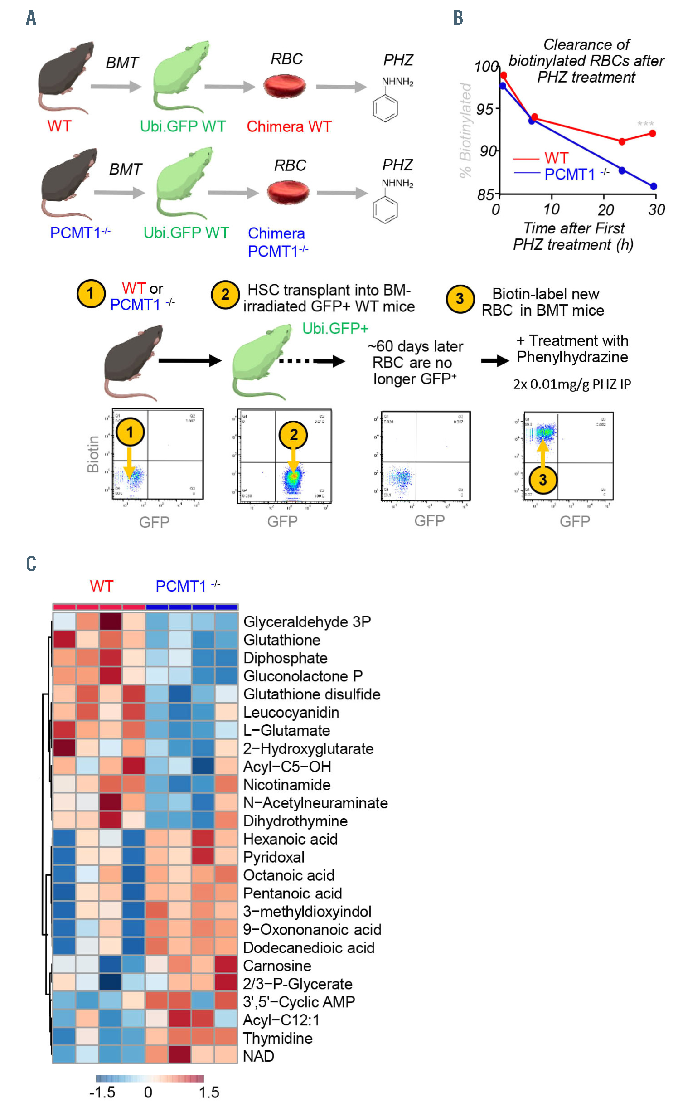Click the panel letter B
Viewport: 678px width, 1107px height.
[x=458, y=18]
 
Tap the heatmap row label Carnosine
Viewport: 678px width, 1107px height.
[x=277, y=966]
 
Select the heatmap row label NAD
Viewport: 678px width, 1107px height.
[x=258, y=1056]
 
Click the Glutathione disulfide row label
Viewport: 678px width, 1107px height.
[x=311, y=694]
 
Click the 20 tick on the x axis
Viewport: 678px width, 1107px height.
[x=605, y=209]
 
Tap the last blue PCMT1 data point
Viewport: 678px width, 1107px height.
[x=653, y=186]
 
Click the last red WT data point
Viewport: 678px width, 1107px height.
[x=652, y=133]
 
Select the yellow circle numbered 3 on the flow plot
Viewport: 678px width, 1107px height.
[x=542, y=480]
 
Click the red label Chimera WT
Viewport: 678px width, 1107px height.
[x=289, y=126]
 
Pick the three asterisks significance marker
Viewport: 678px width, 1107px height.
[x=645, y=124]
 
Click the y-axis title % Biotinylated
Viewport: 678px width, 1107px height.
[x=465, y=130]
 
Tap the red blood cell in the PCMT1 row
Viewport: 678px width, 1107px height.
[x=288, y=192]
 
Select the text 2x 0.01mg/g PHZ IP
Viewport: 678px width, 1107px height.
[x=571, y=384]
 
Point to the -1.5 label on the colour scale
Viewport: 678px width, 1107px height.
[x=102, y=1092]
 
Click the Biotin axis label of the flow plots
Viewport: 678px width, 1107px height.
[x=93, y=454]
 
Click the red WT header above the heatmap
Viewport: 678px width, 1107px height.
[x=101, y=586]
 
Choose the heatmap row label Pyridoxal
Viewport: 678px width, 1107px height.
[x=273, y=857]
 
